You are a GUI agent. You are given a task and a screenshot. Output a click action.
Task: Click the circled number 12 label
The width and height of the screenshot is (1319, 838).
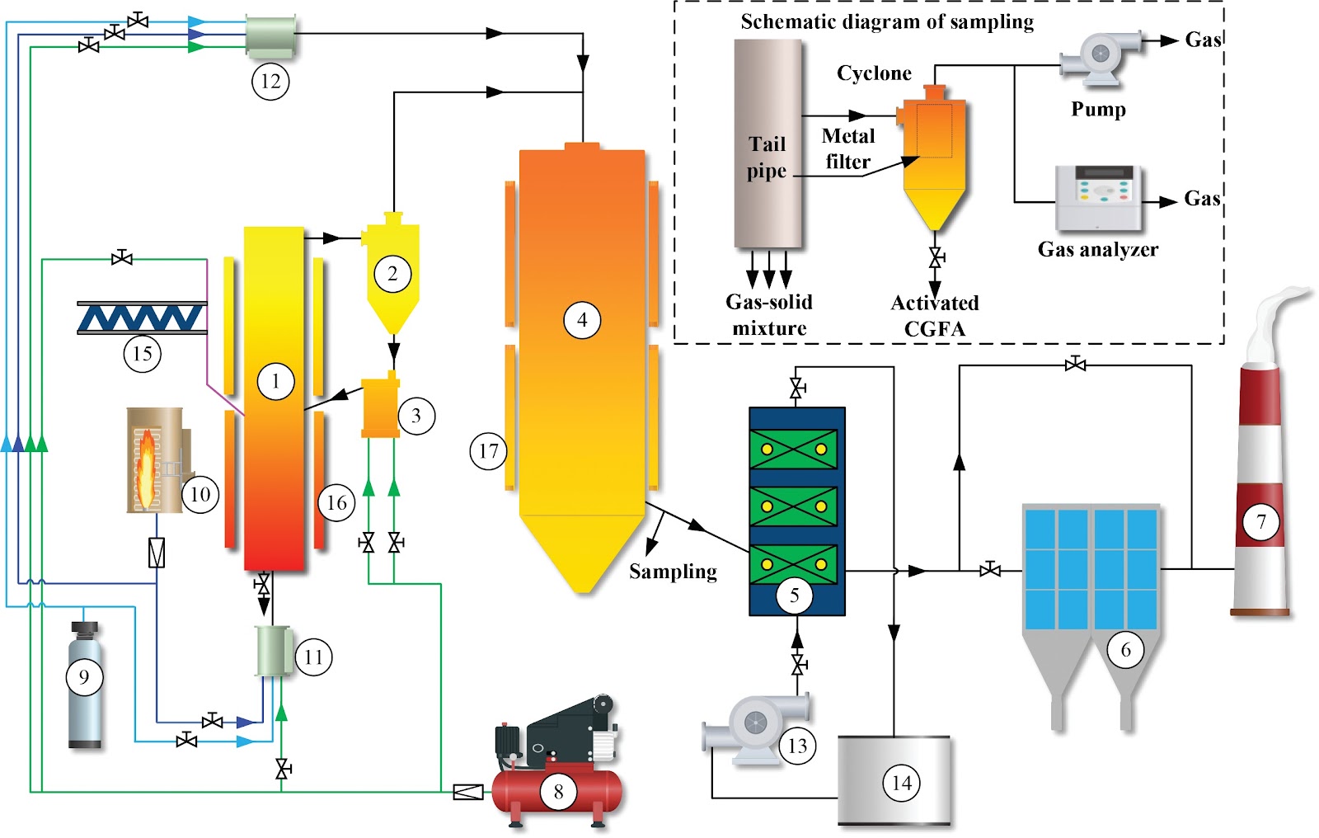pos(270,82)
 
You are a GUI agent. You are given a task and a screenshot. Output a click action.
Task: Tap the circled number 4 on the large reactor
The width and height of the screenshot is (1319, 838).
pos(582,320)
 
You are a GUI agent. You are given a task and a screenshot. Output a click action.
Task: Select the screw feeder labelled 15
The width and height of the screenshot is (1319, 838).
pos(142,318)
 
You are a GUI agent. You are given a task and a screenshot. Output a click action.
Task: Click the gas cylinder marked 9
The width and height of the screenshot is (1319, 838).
pos(85,685)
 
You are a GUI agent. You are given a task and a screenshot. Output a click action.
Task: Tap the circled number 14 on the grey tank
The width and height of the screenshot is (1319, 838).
pos(902,784)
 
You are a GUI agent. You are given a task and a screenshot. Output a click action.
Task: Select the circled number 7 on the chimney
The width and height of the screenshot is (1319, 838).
pos(1261,521)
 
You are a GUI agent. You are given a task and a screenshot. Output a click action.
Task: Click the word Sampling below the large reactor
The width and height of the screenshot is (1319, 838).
pos(673,571)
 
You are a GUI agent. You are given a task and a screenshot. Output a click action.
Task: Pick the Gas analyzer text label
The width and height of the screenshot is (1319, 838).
pos(1097,249)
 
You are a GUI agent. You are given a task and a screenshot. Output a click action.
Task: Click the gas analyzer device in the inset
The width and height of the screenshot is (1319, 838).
pos(1098,197)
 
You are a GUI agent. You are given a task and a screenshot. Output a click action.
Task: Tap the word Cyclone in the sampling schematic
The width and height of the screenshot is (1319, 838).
pos(874,73)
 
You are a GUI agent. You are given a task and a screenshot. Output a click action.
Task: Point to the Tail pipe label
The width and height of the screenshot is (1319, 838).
pos(767,157)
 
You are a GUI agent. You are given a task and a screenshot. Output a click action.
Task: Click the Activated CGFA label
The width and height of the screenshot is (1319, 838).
pos(935,315)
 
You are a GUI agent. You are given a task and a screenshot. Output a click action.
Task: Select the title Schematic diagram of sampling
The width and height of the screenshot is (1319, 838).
pos(887,21)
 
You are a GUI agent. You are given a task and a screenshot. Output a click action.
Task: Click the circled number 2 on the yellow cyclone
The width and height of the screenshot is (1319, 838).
pos(392,274)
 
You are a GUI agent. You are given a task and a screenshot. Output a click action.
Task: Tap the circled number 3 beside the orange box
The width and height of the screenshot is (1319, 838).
pos(416,416)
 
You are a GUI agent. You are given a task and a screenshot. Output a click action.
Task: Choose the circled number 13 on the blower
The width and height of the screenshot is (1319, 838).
pos(797,746)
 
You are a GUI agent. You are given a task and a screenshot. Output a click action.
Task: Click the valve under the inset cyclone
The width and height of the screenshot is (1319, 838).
pos(935,257)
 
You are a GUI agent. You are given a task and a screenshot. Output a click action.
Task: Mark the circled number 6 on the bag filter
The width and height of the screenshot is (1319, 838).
pos(1126,650)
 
